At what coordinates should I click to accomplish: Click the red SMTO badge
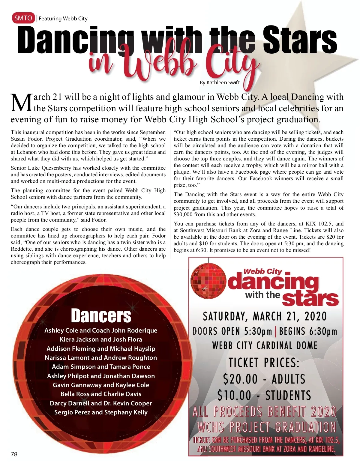(23, 18)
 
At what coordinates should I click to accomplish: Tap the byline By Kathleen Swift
(220, 82)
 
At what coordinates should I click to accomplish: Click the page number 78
(14, 454)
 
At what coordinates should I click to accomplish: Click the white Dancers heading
(101, 315)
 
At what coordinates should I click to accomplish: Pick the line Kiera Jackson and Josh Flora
(101, 339)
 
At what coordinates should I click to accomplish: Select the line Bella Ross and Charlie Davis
(101, 394)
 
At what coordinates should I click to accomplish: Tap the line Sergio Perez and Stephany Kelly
(101, 412)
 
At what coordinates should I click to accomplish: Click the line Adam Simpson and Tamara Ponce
(101, 367)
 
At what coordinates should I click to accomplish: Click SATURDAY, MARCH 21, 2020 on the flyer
(265, 316)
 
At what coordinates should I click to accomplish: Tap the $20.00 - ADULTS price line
(264, 379)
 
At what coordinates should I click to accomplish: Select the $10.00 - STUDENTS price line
(264, 395)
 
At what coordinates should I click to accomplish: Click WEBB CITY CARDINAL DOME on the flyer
(265, 345)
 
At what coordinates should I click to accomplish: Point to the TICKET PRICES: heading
(264, 363)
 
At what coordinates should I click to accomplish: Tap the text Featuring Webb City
(63, 19)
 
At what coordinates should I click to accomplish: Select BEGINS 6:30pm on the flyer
(308, 331)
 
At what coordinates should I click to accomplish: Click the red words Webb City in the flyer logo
(263, 271)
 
